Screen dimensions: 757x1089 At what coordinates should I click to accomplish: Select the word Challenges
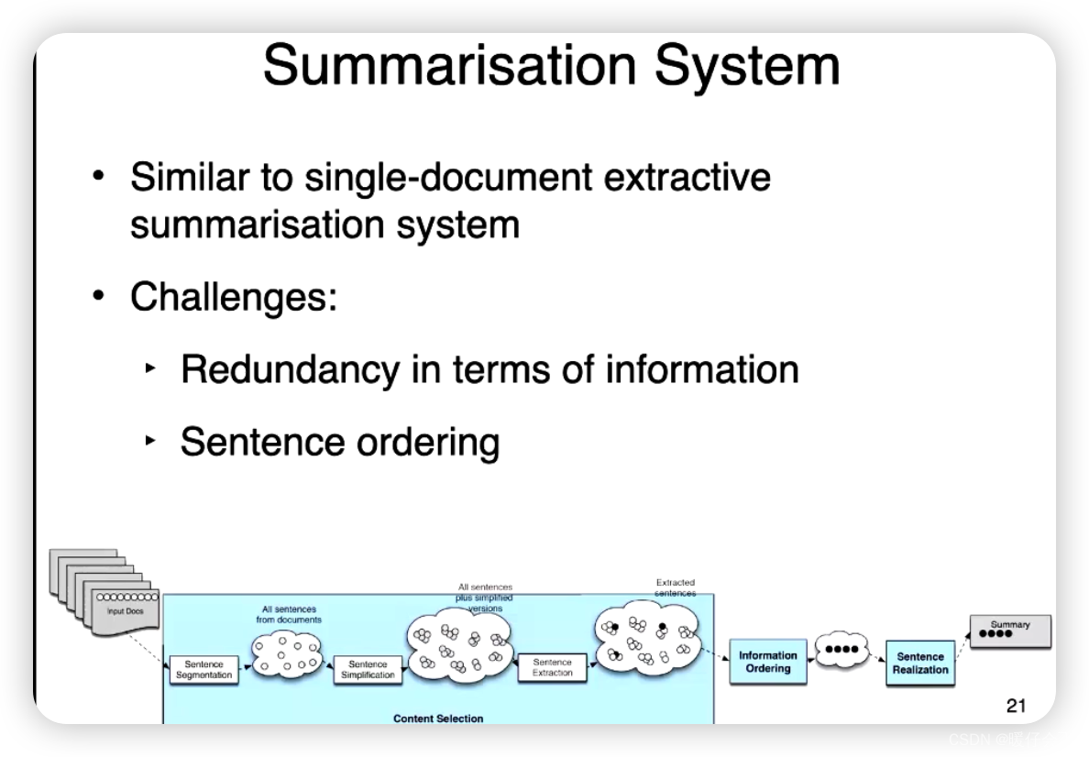coord(234,297)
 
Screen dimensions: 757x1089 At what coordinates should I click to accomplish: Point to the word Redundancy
coord(290,369)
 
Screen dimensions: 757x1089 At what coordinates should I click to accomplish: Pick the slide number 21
coord(1016,705)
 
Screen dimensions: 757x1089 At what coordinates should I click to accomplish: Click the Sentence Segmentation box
coord(203,670)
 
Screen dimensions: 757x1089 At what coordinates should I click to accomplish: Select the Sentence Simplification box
coord(368,670)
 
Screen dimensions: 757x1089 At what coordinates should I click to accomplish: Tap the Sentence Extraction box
coord(553,667)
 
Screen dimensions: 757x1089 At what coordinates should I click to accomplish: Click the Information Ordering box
coord(768,662)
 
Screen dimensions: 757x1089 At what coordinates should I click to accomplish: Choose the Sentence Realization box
coord(920,663)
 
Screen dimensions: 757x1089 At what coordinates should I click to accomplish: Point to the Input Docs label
coord(126,611)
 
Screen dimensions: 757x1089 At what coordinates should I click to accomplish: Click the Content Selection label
coord(438,719)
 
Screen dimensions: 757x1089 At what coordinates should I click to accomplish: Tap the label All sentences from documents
coord(289,614)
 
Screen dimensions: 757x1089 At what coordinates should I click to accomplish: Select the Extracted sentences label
coord(676,587)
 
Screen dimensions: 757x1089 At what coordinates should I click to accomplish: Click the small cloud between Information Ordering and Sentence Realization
coord(841,649)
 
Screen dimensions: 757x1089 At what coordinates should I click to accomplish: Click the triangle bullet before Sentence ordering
coord(151,441)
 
